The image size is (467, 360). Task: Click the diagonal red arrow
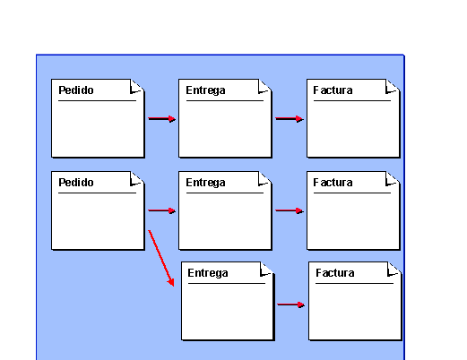[161, 258]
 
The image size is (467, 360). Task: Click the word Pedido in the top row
[76, 90]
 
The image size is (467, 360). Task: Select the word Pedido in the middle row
[76, 183]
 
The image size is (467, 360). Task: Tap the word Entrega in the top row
[205, 90]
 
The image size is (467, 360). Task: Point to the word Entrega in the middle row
[205, 183]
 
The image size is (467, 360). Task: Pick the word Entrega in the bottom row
[208, 273]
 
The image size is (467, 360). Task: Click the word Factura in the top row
[333, 90]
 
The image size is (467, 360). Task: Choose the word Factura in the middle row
[333, 183]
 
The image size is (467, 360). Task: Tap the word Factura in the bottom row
[335, 273]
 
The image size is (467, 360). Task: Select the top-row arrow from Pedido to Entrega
[162, 119]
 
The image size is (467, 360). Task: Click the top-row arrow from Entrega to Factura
[290, 119]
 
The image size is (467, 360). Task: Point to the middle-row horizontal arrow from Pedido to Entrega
[162, 210]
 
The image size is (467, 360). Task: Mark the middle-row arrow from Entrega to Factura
[290, 210]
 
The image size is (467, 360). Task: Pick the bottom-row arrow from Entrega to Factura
[291, 304]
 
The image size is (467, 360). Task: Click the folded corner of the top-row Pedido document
[137, 87]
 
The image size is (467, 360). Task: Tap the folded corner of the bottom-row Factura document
[394, 270]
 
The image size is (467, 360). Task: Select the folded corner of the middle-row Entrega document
[264, 179]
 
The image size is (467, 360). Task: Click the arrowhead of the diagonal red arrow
[170, 282]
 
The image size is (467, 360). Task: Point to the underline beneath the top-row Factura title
[352, 101]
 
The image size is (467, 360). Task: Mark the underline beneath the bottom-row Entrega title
[227, 283]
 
